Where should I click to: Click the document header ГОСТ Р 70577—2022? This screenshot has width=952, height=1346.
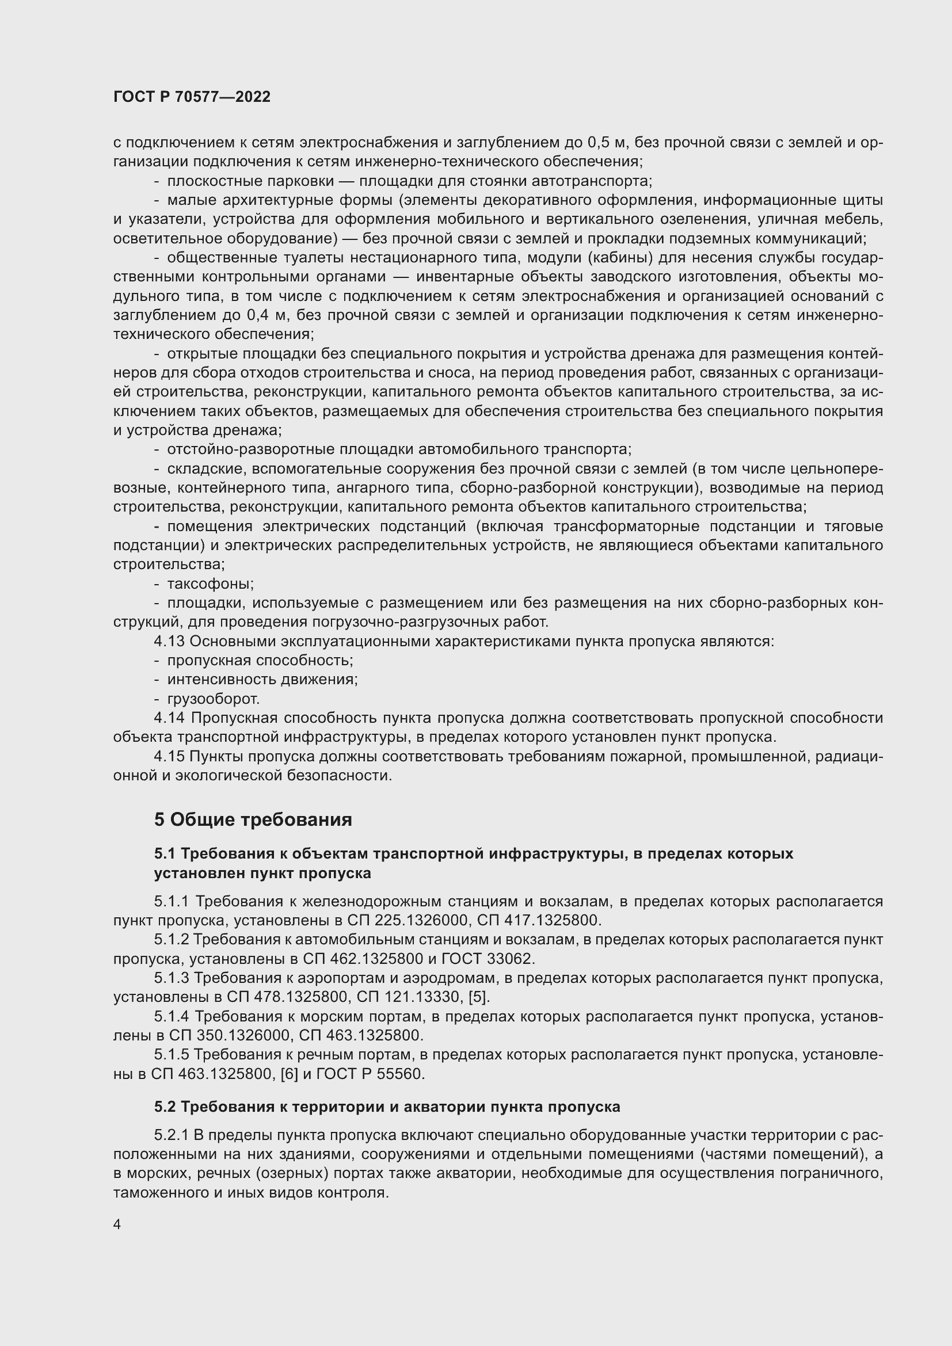[x=192, y=97]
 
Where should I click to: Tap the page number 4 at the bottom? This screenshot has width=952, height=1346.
[x=117, y=1224]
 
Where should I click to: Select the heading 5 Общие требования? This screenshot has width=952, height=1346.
[x=253, y=819]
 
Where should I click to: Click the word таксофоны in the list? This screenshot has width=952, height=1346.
[x=210, y=584]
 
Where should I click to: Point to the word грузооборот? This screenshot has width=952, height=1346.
[x=213, y=699]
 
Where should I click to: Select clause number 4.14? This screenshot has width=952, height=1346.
[x=169, y=718]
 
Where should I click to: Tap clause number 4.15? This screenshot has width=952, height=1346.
[x=169, y=756]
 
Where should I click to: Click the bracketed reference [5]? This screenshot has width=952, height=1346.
[x=479, y=997]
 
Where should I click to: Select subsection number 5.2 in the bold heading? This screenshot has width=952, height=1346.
[x=165, y=1107]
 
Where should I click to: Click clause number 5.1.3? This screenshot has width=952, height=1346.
[x=172, y=977]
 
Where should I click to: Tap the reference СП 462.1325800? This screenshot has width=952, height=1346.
[x=363, y=959]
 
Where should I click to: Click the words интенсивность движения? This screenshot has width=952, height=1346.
[x=262, y=680]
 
